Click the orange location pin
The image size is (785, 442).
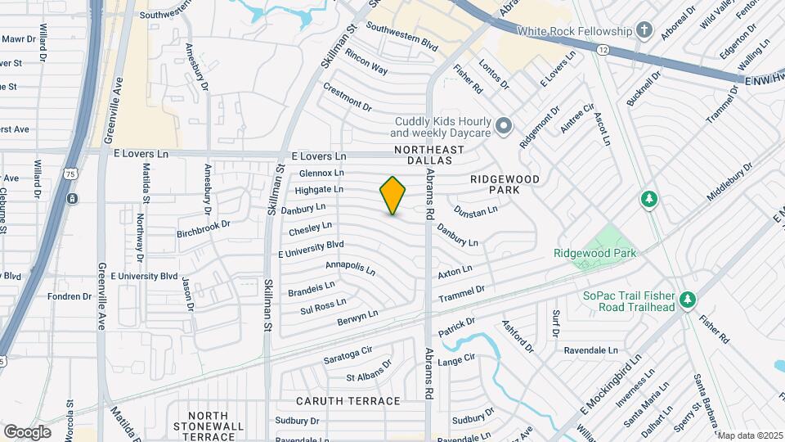click(x=393, y=195)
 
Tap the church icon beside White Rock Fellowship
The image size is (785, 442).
click(x=645, y=31)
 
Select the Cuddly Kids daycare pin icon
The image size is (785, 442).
click(x=504, y=126)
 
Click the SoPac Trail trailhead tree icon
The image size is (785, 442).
click(x=688, y=300)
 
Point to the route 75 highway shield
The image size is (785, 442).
click(x=72, y=174)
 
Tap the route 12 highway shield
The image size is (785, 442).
click(x=603, y=50)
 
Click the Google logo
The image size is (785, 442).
click(x=27, y=431)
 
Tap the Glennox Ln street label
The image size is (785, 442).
click(x=321, y=174)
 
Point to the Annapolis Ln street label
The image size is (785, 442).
click(x=350, y=268)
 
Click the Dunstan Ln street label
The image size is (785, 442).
click(x=476, y=211)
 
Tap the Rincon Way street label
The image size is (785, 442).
click(x=366, y=61)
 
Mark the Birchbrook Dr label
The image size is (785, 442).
click(x=204, y=229)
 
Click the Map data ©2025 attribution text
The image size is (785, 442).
click(x=750, y=435)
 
